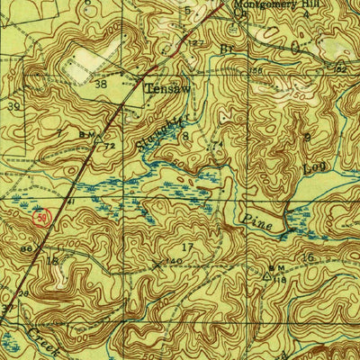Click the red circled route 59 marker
coord(40,216)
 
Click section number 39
coord(13,106)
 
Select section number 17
coord(188,247)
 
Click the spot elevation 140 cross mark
coord(159,265)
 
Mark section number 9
coord(306,136)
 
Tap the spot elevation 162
coord(340,67)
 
